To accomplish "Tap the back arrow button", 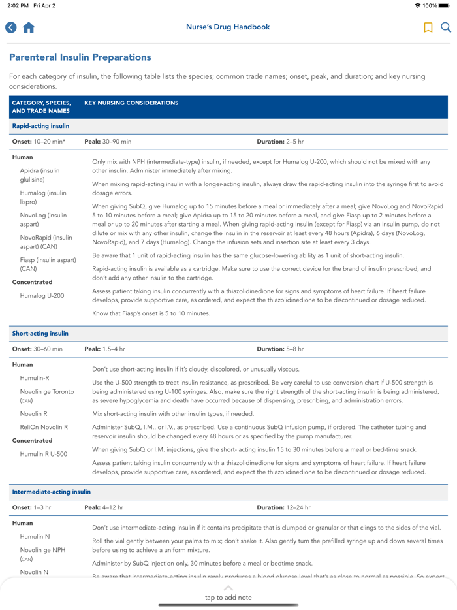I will [x=10, y=27].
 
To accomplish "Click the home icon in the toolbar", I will [x=28, y=27].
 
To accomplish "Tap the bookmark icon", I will [x=428, y=27].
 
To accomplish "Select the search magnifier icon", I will [x=446, y=27].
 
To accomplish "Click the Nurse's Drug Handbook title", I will [x=228, y=27].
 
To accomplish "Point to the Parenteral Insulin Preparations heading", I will [x=80, y=57].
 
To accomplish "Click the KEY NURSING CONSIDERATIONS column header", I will [x=131, y=103].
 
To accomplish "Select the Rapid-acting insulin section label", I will [x=40, y=126].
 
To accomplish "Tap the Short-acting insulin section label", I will [x=40, y=334].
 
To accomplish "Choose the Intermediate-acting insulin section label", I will [x=51, y=492].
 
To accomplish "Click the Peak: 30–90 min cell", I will [x=108, y=141].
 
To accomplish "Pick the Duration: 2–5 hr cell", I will [x=280, y=141].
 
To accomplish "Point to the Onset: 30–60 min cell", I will [x=37, y=349].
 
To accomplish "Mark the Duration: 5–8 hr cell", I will [x=280, y=349].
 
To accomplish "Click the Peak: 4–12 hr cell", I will [x=104, y=507].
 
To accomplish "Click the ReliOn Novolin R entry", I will [x=44, y=427].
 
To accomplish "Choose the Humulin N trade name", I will [x=35, y=536].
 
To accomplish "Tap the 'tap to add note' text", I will [x=228, y=597].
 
